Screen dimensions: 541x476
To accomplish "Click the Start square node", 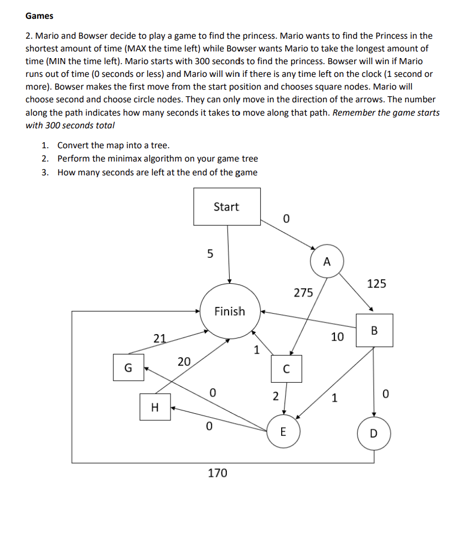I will [x=226, y=206].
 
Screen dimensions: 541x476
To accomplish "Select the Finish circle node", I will [x=230, y=311].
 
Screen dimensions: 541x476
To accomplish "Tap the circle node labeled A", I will [x=327, y=262].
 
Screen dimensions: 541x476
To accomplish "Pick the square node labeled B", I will [x=374, y=330].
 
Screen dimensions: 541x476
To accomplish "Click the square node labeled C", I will [x=286, y=369].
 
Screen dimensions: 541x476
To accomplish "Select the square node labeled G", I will [x=128, y=368].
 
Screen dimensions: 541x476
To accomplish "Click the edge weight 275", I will [x=303, y=293].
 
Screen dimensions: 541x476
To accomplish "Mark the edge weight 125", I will [x=376, y=284].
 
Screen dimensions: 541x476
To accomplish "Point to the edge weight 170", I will [x=217, y=473].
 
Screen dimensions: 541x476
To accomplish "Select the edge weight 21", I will [x=159, y=339].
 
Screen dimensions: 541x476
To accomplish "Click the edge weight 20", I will [x=184, y=362].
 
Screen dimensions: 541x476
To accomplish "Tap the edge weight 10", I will [x=337, y=336].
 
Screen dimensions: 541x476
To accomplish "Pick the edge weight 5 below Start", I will [x=209, y=254].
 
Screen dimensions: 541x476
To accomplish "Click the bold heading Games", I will [x=39, y=16].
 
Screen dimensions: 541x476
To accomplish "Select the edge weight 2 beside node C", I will [x=275, y=396].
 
